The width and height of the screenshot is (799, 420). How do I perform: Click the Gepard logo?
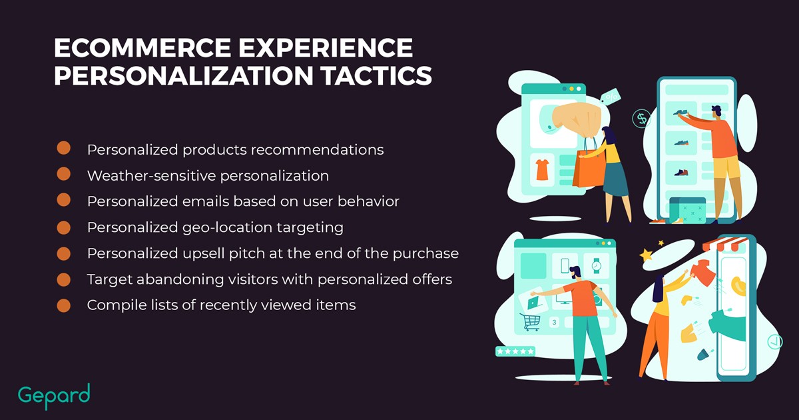click(54, 396)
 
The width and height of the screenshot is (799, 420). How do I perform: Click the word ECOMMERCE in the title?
click(142, 48)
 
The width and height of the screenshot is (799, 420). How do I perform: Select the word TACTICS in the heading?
click(376, 76)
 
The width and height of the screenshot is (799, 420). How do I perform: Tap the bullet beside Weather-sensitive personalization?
click(63, 174)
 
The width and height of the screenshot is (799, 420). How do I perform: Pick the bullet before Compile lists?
click(63, 305)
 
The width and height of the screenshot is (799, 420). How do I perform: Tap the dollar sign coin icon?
click(641, 119)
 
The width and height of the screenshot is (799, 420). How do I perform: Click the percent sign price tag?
click(611, 97)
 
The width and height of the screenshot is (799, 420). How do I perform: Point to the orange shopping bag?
click(589, 168)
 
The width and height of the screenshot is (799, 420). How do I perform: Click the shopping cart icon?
click(530, 322)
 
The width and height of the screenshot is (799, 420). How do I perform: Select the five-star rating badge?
click(515, 351)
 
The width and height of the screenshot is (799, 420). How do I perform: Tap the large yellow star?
click(646, 255)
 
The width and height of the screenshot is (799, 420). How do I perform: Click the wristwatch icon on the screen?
click(596, 266)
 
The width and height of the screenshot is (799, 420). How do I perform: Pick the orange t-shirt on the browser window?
click(542, 169)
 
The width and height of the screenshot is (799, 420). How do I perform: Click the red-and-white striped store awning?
click(724, 244)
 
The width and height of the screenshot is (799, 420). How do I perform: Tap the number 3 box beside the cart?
click(554, 322)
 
